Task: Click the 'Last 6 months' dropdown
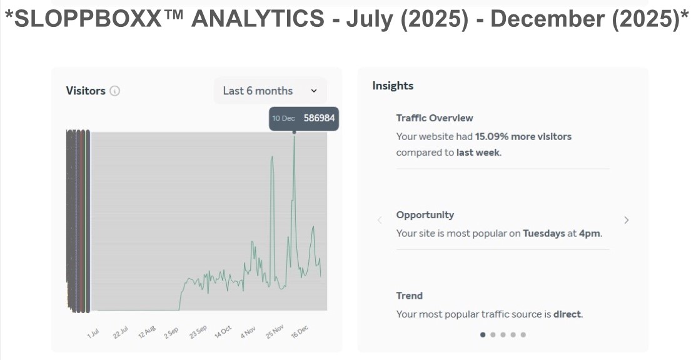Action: tap(270, 91)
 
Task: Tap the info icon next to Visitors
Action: tap(114, 91)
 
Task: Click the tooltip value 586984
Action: tap(319, 118)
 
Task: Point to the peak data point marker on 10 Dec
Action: tap(294, 132)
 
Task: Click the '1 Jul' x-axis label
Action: tap(94, 331)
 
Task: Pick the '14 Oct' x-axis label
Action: tap(223, 331)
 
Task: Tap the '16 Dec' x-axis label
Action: tap(300, 331)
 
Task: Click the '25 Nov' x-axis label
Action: tap(275, 331)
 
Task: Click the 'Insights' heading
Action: tap(393, 86)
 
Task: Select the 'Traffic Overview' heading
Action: tap(435, 117)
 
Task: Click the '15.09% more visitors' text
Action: tap(523, 136)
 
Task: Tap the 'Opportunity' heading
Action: tap(425, 214)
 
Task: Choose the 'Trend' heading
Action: tap(410, 296)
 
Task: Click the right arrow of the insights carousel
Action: tap(627, 220)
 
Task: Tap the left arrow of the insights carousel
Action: tap(380, 220)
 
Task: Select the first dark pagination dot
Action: tap(483, 334)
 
